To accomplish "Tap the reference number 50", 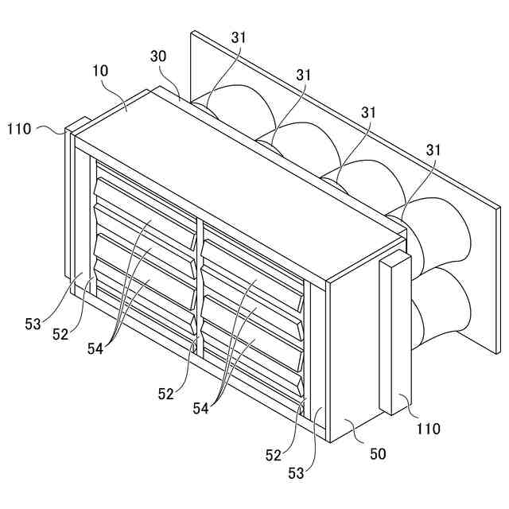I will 378,454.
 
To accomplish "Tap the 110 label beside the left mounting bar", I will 21,127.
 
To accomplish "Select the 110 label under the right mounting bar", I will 428,429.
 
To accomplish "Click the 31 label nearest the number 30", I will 239,37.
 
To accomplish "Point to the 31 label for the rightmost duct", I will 433,150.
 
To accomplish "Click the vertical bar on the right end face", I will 395,334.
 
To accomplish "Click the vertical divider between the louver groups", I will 199,286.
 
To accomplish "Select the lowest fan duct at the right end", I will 437,310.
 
